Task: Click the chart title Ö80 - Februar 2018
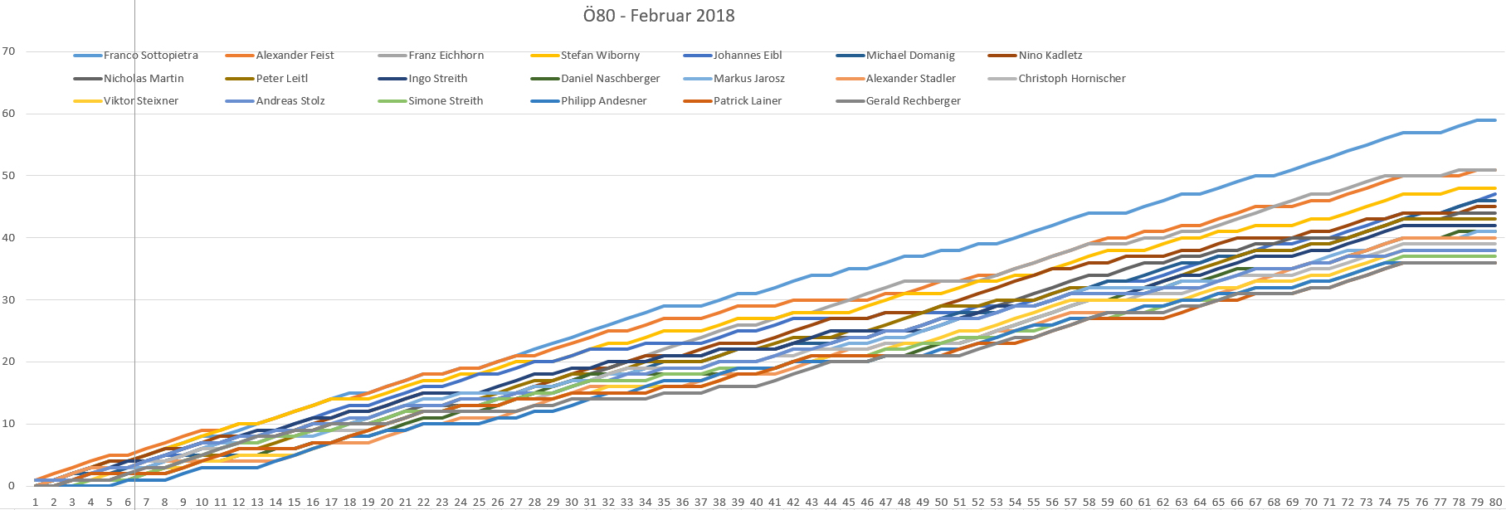(659, 16)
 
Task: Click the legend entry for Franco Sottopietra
(150, 56)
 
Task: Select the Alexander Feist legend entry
(295, 56)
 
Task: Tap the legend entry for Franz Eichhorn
(446, 56)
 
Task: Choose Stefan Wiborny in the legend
(600, 56)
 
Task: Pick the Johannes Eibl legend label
(747, 56)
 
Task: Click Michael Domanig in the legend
(910, 56)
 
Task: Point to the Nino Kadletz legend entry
(1050, 56)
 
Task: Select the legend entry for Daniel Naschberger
(610, 79)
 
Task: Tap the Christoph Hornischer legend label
(1071, 79)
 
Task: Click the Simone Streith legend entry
(446, 101)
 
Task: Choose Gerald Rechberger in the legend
(913, 101)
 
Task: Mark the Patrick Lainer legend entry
(747, 101)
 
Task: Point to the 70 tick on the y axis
(9, 51)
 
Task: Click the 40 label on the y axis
(9, 238)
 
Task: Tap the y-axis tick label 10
(9, 424)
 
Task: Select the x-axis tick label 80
(1495, 502)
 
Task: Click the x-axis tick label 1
(35, 502)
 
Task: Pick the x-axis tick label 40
(756, 502)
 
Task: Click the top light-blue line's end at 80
(1495, 120)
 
